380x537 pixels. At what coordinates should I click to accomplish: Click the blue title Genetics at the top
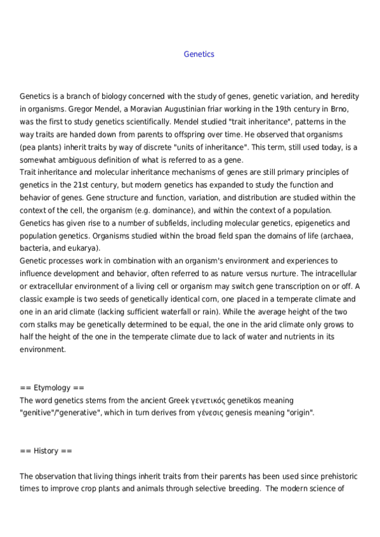tap(199, 54)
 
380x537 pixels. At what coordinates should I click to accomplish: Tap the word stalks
tap(48, 324)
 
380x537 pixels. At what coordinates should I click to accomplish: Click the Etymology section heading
tap(51, 388)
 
